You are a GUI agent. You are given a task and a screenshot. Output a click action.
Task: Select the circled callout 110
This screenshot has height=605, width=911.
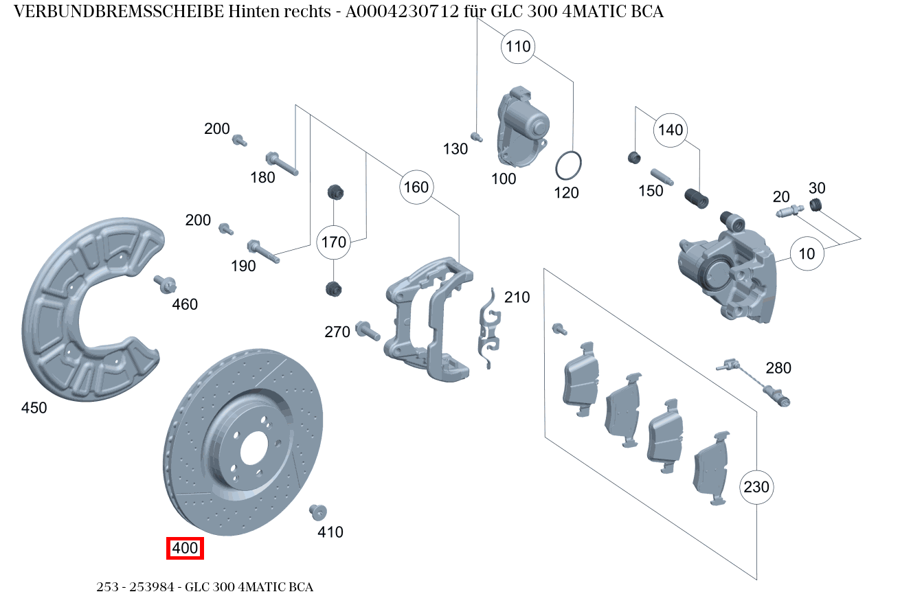pos(519,47)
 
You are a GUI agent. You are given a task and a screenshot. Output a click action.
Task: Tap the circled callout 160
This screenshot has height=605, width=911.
pos(416,187)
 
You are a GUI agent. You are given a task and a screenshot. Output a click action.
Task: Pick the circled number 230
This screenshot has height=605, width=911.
pos(756,487)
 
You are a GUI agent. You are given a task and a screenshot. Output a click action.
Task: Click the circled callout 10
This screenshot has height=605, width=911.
pos(807,253)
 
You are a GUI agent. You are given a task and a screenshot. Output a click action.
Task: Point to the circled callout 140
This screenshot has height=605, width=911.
pos(671,130)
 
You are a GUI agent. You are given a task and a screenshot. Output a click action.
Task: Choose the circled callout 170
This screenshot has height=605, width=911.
pos(334,242)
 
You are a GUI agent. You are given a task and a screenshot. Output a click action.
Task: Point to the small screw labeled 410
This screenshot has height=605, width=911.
pos(317,512)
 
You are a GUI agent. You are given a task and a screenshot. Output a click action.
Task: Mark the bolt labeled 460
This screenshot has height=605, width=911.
pos(165,283)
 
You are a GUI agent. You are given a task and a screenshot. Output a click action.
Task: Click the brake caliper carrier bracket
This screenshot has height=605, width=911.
pos(426,316)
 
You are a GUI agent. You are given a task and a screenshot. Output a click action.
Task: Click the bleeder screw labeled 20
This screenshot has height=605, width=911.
pos(790,212)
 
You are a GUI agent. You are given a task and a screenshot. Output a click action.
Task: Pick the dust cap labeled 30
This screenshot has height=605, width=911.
pos(816,205)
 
